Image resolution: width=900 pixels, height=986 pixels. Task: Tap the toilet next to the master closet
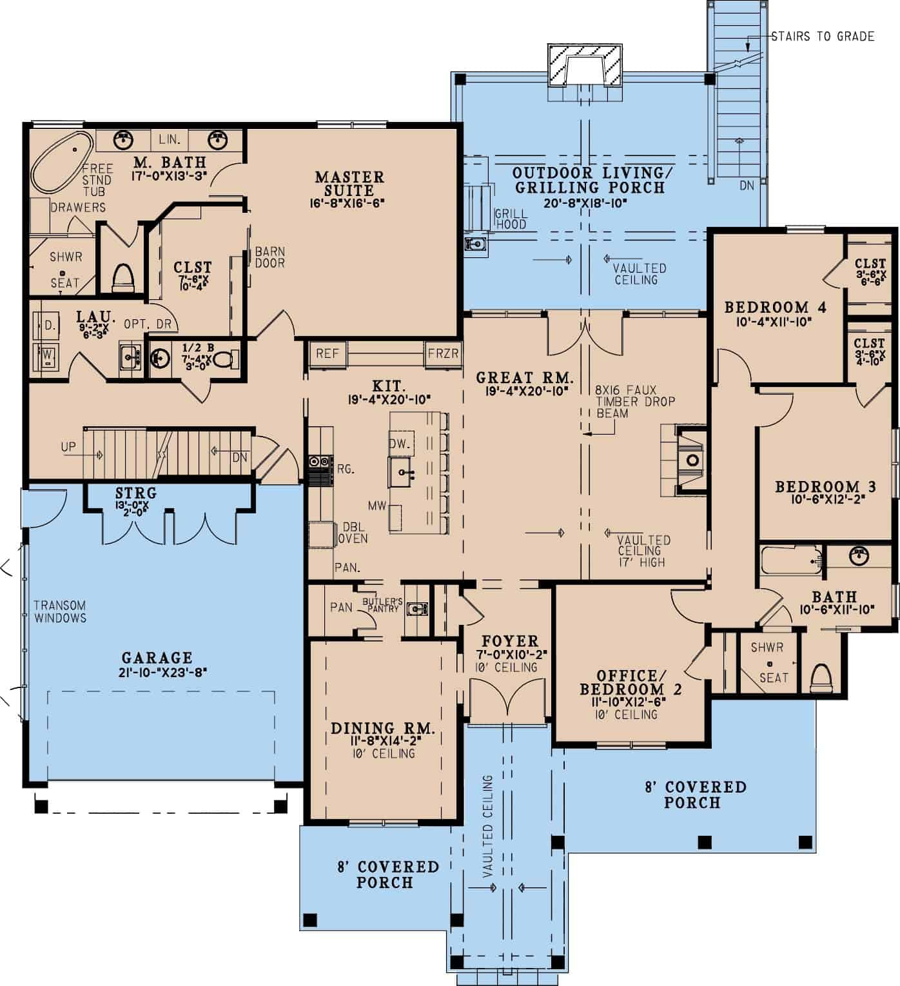pos(122,276)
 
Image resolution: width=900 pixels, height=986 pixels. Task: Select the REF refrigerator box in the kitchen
pos(327,353)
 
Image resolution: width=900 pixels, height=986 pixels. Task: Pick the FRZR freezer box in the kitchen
pos(443,353)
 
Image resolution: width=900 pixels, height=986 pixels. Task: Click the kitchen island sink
pos(404,472)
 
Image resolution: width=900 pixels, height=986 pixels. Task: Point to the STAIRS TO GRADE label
pos(823,36)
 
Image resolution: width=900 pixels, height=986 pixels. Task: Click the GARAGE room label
pos(157,658)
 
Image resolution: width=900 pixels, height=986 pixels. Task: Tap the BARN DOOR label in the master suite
pos(269,257)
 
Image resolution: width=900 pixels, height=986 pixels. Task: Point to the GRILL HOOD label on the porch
pos(511,219)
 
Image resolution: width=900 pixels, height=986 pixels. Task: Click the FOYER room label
pos(510,641)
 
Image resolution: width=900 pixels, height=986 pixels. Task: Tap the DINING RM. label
pos(382,729)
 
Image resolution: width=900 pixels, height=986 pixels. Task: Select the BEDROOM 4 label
pos(775,307)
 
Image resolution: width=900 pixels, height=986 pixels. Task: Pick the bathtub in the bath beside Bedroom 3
pos(791,560)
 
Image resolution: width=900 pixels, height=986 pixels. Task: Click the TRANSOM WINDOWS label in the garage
pos(60,611)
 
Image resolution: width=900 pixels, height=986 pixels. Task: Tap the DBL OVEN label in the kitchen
pos(355,533)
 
